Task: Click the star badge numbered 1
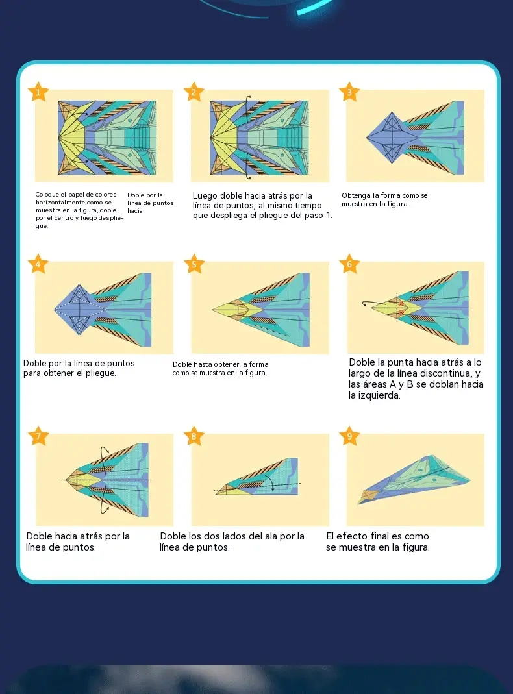[x=38, y=92]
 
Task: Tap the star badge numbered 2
[x=194, y=92]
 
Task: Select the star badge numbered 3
[x=349, y=92]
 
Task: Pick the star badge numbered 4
[x=38, y=264]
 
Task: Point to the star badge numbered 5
[x=194, y=264]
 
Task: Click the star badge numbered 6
[x=349, y=264]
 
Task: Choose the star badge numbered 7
[x=38, y=436]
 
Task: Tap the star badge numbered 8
[x=194, y=436]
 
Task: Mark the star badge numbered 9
[x=349, y=436]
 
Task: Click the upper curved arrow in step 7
[x=105, y=455]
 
